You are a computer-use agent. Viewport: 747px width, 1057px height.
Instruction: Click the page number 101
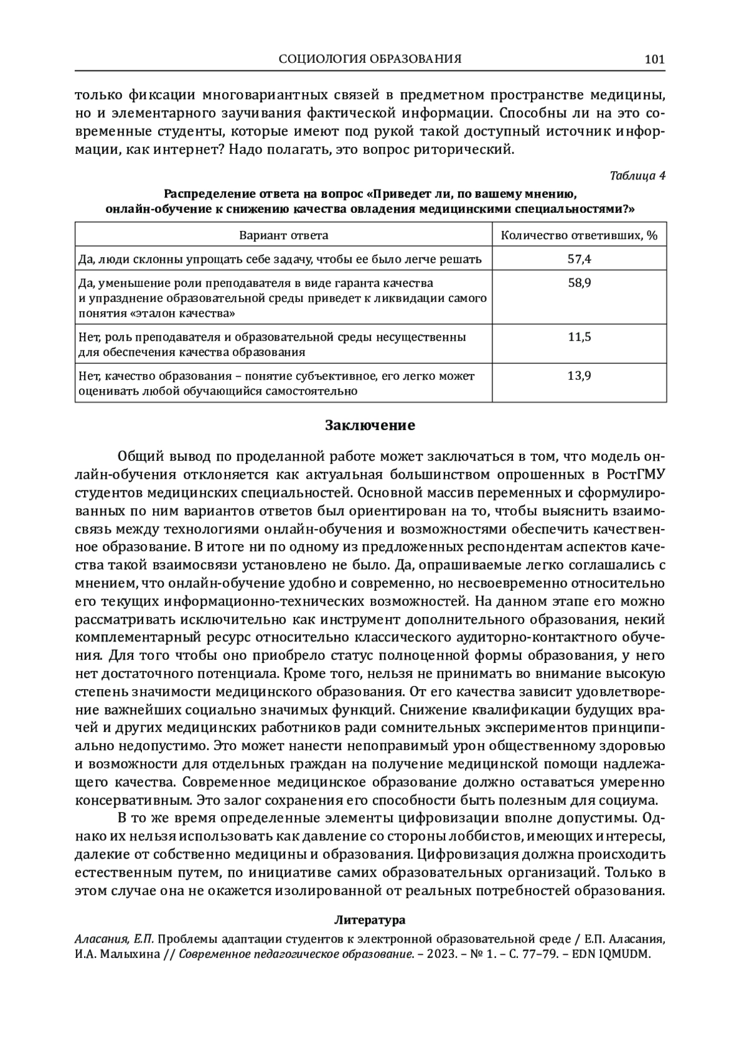coord(655,59)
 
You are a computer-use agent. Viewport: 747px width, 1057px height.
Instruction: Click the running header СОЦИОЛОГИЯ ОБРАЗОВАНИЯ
coord(370,59)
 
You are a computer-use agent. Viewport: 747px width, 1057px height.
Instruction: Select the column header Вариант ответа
coord(284,235)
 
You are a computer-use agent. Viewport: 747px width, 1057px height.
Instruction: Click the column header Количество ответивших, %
coord(579,235)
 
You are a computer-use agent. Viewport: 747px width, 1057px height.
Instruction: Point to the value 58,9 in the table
coord(579,283)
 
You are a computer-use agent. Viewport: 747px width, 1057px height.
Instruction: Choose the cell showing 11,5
coord(579,337)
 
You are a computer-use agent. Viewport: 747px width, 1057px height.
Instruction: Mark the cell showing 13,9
coord(579,376)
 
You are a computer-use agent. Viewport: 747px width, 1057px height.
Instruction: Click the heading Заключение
coord(370,426)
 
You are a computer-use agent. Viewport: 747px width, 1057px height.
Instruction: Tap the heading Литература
coord(370,919)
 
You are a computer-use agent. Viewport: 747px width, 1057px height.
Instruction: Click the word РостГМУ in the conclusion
coord(635,474)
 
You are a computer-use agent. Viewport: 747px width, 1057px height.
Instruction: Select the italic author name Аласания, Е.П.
coord(110,938)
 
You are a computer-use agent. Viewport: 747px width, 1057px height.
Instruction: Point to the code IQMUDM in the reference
coord(624,953)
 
